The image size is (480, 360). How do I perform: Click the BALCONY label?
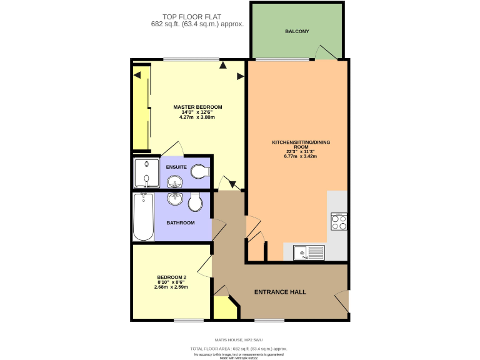tap(297, 31)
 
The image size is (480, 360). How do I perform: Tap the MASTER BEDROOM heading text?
tap(197, 107)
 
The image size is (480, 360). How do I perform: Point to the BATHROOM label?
tap(180, 222)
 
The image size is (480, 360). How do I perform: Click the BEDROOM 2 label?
tap(172, 277)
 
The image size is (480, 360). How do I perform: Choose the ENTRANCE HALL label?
tap(279, 292)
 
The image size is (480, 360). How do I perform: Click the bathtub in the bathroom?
tap(143, 216)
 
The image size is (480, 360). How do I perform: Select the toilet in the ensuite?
tap(199, 171)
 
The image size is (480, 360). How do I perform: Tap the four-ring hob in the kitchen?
tap(339, 222)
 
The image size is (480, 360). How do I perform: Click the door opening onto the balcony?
tap(325, 53)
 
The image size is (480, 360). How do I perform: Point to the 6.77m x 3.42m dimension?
tap(301, 156)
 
